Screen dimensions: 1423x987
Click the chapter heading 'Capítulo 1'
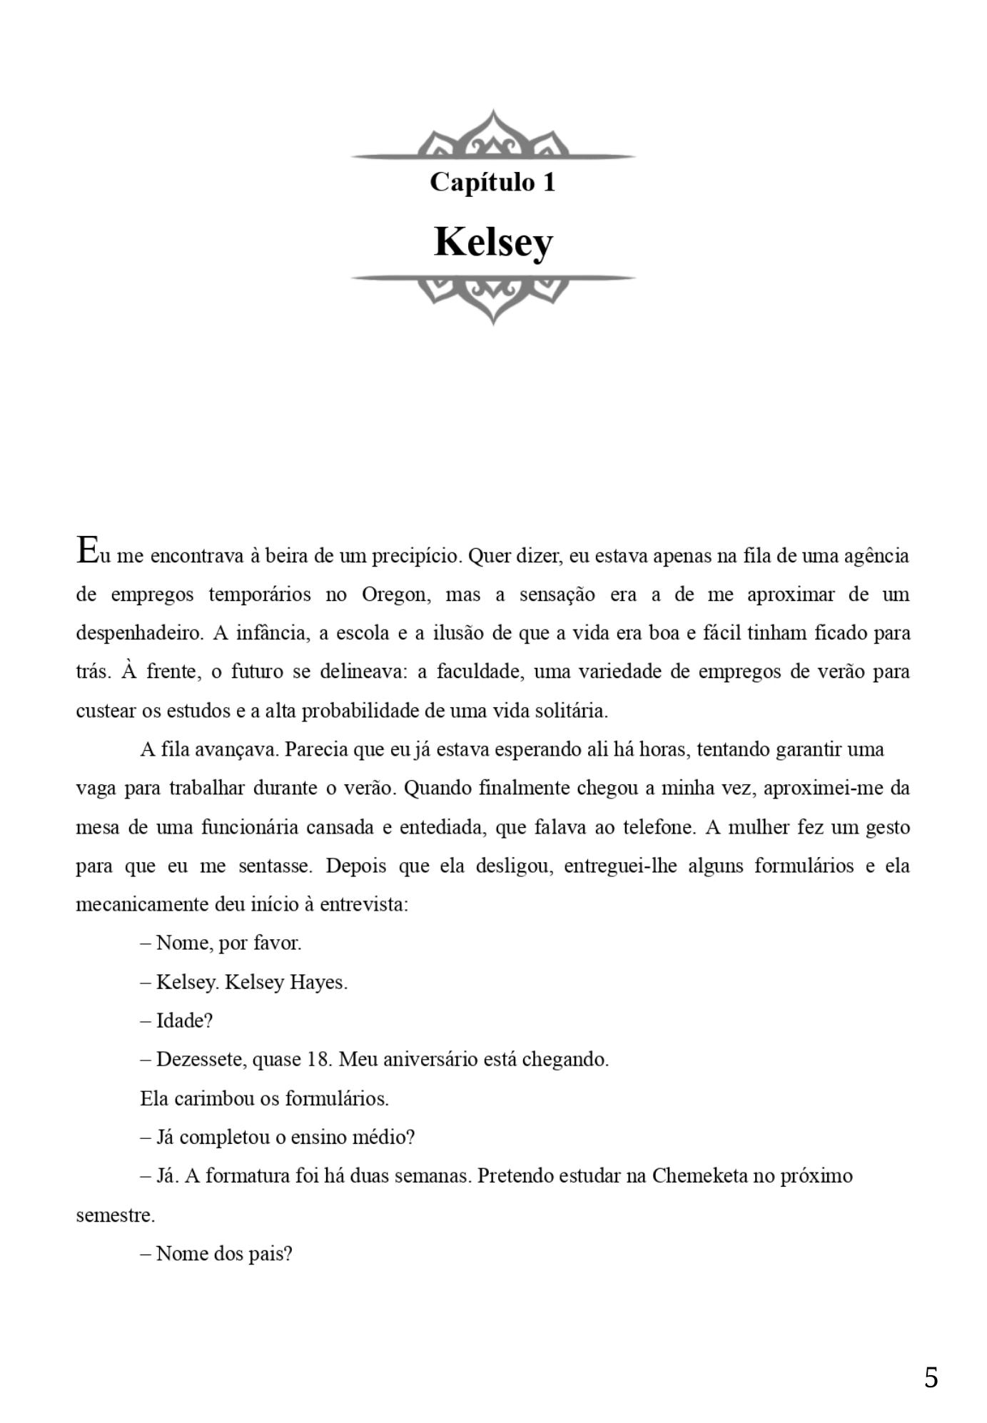492,182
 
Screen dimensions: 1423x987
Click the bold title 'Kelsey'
493,242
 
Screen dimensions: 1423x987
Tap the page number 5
931,1377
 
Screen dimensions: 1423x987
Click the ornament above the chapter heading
493,136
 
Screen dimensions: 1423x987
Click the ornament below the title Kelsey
493,297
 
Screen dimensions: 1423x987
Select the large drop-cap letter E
86,550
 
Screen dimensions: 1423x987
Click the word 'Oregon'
395,594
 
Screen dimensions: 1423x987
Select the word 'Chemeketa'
700,1176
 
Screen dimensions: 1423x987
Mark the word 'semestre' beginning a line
114,1215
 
